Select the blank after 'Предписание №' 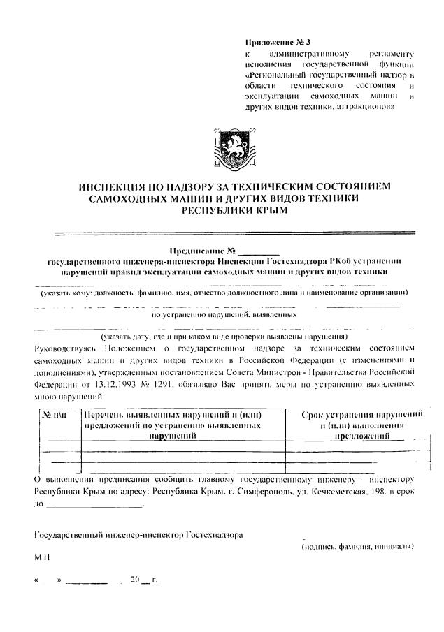[x=259, y=250]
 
